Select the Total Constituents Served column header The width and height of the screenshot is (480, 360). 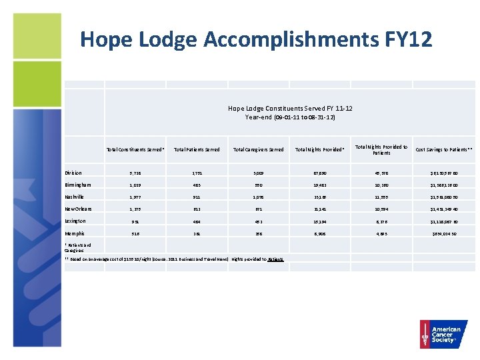pos(135,149)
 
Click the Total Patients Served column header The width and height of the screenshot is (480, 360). pos(197,149)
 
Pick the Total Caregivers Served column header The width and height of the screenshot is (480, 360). pos(258,149)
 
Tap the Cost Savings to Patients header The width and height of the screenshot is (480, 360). pos(443,149)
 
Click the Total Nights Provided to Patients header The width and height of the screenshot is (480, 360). pos(381,149)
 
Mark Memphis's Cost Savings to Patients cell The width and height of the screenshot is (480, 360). pos(443,233)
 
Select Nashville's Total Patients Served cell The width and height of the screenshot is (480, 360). pos(197,197)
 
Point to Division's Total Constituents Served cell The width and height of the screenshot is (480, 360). pos(135,173)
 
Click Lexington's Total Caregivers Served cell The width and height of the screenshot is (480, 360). pos(258,221)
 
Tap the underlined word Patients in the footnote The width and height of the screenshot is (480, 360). pos(277,259)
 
